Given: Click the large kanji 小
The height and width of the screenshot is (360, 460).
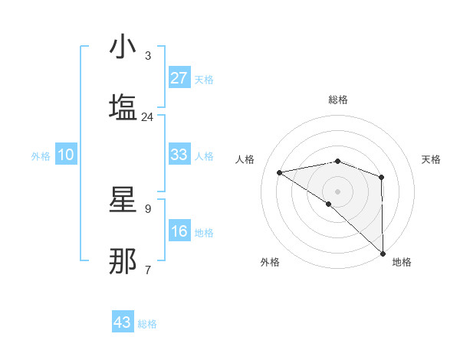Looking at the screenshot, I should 123,48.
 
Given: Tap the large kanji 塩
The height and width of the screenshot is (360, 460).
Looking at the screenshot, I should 123,107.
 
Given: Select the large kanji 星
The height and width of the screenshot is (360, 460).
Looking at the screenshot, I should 123,201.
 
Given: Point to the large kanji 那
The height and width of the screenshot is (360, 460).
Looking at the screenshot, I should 123,261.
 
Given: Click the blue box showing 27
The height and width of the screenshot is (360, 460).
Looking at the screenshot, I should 179,78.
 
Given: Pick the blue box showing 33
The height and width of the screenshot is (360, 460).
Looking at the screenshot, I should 179,155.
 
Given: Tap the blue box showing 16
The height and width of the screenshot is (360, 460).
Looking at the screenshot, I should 179,231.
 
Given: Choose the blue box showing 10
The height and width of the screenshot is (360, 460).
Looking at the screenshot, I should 66,155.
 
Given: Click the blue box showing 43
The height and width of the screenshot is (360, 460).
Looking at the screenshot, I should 123,322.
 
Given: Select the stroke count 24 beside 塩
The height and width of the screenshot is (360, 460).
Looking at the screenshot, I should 147,116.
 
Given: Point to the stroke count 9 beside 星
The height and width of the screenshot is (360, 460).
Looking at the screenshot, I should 147,208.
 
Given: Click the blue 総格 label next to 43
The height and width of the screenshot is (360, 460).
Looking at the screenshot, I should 147,324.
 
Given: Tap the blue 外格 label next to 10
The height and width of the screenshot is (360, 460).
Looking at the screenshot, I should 41,155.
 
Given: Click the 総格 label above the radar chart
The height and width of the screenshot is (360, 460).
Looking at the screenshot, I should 337,100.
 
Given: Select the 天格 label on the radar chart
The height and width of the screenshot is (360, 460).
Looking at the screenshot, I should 431,159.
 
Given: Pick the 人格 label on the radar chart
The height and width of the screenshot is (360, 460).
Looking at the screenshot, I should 245,159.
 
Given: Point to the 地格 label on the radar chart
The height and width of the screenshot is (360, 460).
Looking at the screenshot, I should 402,262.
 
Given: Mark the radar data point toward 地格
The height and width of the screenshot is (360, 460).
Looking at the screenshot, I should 382,253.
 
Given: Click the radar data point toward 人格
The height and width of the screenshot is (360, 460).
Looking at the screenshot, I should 280,172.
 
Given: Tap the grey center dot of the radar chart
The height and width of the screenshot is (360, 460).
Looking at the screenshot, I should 337,191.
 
